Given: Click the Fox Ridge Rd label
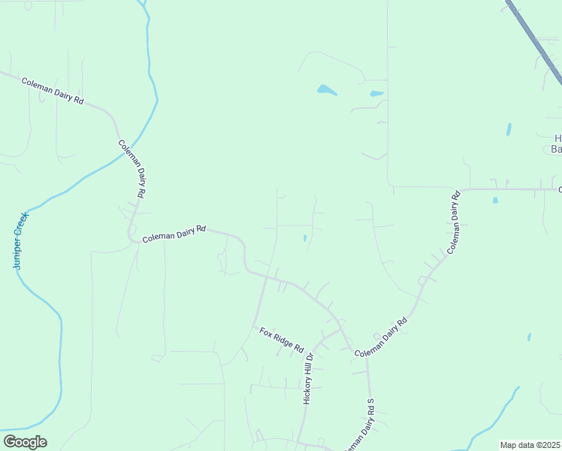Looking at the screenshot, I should (x=281, y=340).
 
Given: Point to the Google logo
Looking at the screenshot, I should (x=26, y=442).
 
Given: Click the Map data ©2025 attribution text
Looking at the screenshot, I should (x=530, y=445).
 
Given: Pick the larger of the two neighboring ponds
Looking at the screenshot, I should (x=326, y=90).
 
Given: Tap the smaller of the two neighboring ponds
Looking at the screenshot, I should (x=376, y=94).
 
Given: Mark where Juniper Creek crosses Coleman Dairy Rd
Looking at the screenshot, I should (x=125, y=153).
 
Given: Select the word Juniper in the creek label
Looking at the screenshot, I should (x=18, y=253).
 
